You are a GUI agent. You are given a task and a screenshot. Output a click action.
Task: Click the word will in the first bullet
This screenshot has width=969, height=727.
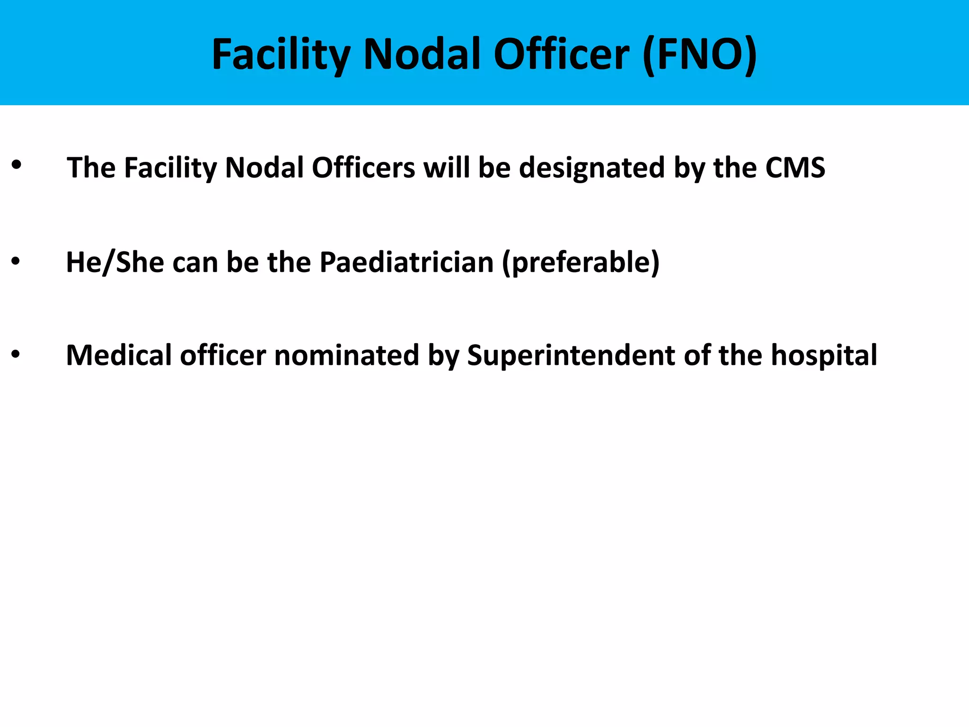(447, 168)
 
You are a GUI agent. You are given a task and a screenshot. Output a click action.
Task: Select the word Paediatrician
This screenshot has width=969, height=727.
(406, 262)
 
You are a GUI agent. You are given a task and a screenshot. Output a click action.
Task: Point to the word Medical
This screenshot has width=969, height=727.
(119, 355)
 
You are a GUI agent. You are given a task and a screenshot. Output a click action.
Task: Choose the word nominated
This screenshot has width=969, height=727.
(347, 355)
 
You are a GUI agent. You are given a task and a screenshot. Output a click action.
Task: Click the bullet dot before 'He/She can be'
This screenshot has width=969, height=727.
(16, 261)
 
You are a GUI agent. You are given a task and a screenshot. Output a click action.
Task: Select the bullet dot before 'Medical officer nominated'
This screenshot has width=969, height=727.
(16, 354)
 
